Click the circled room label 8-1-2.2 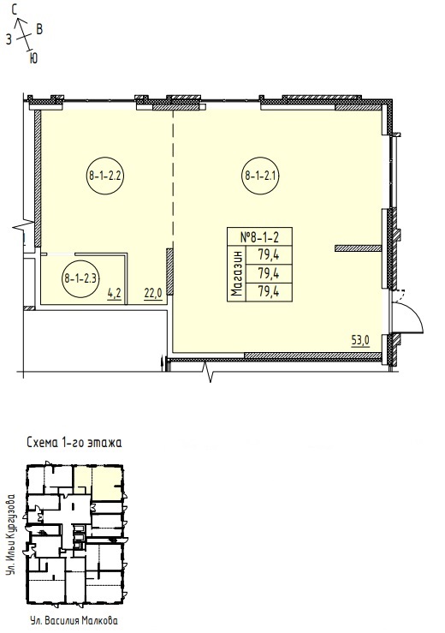click(105, 176)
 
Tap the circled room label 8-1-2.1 click(261, 176)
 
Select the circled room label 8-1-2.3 click(80, 278)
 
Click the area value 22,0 click(153, 293)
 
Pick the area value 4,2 click(114, 293)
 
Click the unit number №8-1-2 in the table click(260, 236)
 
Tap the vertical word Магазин click(237, 274)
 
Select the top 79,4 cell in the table click(269, 254)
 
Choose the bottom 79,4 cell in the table click(269, 291)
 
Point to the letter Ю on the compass click(33, 58)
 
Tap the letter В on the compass click(39, 29)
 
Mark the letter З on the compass click(9, 39)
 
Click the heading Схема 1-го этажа click(74, 443)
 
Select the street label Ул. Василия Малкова click(74, 620)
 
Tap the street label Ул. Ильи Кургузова click(13, 534)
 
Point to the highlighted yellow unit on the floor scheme click(98, 483)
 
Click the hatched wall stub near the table click(359, 248)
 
